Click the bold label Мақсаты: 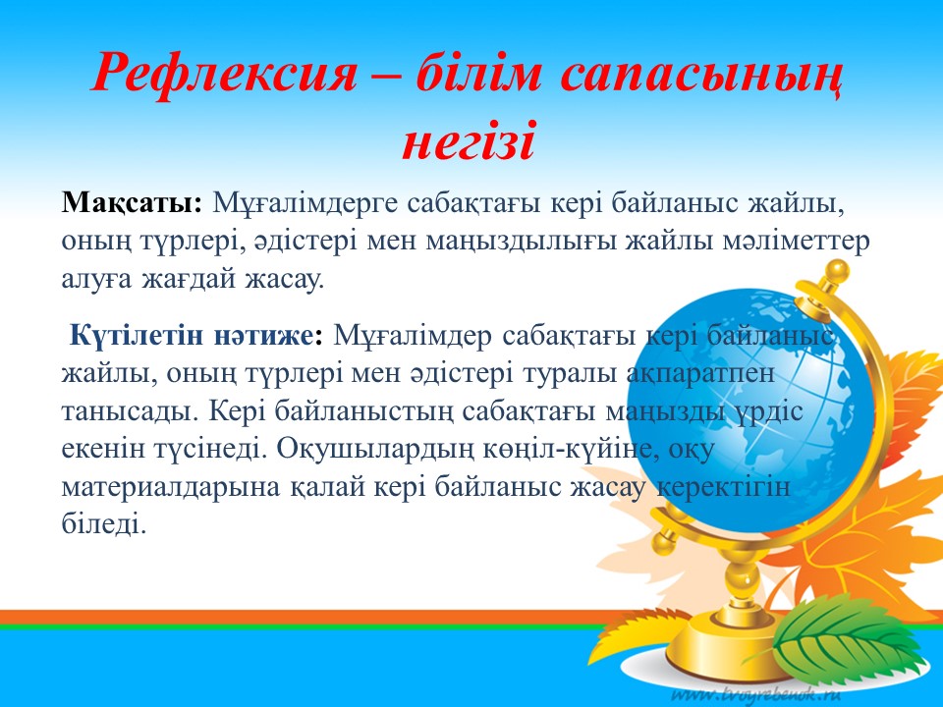click(x=132, y=204)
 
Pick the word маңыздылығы click(x=521, y=243)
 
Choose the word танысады click(x=130, y=412)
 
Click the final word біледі click(x=104, y=523)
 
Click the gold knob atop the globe click(x=836, y=274)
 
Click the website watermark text click(x=756, y=694)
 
